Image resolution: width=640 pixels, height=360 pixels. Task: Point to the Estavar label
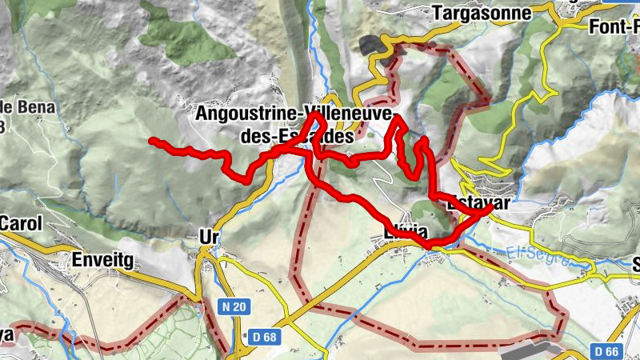coord(480,203)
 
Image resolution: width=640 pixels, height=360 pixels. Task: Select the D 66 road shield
coord(609,351)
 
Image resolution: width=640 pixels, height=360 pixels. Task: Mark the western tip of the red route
coord(152,141)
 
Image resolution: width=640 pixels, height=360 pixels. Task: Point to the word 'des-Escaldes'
coord(296,137)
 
